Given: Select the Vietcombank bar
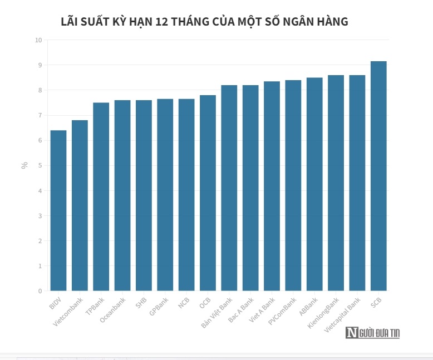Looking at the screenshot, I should click(x=80, y=205).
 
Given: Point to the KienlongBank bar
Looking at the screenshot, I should click(x=336, y=183).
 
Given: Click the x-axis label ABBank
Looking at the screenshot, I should click(x=308, y=307).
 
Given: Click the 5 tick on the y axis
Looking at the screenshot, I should click(x=40, y=165).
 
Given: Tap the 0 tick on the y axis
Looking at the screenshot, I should click(x=40, y=291).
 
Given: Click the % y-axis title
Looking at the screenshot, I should click(x=24, y=165).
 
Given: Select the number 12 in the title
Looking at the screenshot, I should click(x=164, y=22).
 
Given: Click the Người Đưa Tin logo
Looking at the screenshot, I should click(x=372, y=333).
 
